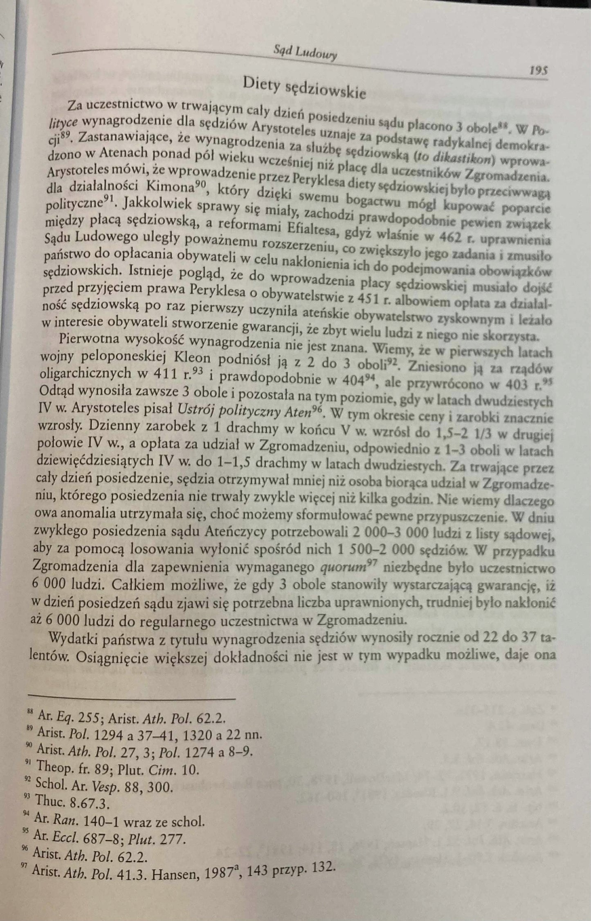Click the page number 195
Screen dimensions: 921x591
pyautogui.click(x=538, y=71)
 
